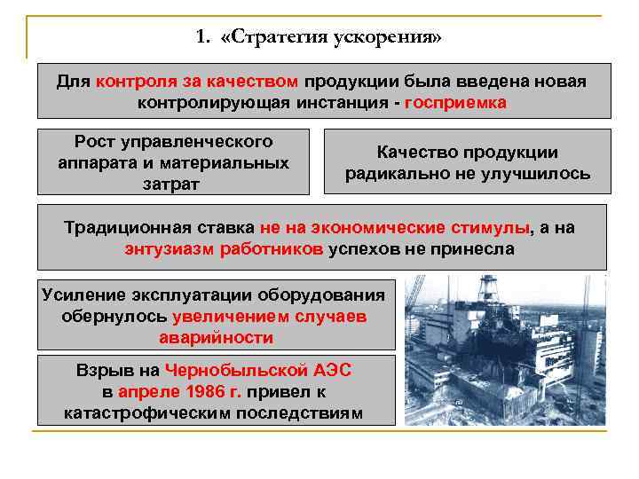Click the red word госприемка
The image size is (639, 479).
click(x=455, y=102)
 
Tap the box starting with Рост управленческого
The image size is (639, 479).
click(x=173, y=162)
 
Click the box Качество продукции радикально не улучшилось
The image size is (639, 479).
click(x=467, y=162)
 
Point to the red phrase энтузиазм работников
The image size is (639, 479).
click(x=225, y=249)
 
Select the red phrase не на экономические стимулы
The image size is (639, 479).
click(x=396, y=228)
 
